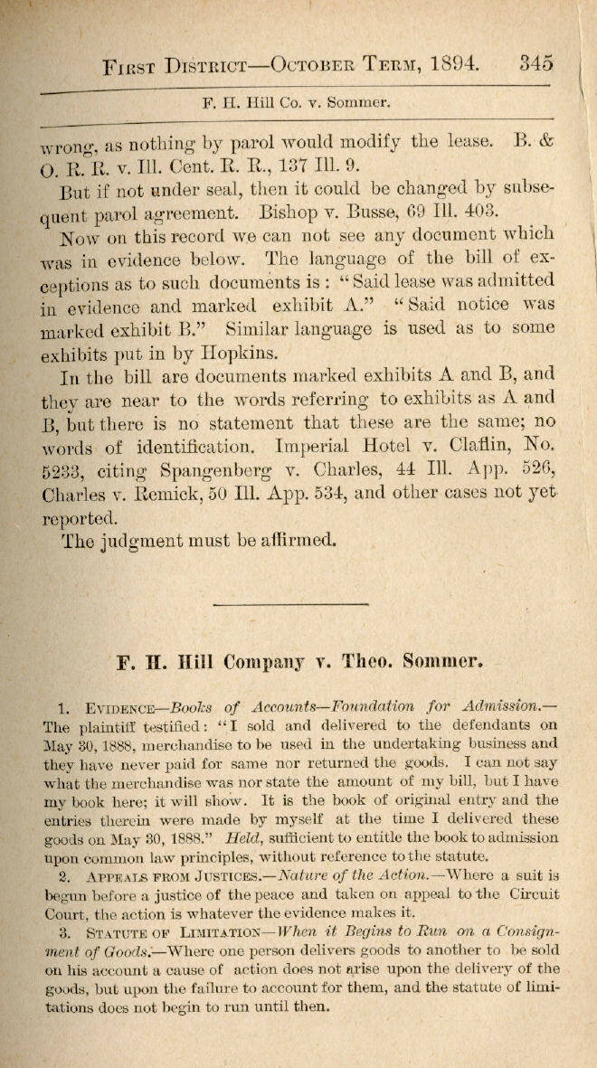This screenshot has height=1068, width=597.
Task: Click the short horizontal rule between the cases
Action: tap(289, 603)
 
